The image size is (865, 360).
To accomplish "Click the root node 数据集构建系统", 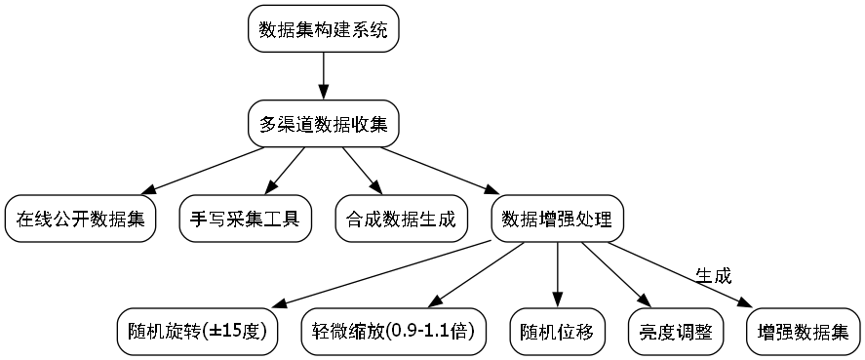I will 324,29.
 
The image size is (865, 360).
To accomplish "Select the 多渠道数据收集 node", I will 324,123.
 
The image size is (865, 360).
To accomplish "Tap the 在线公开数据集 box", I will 81,218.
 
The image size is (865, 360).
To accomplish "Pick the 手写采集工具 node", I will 246,218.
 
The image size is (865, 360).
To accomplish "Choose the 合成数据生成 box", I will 401,218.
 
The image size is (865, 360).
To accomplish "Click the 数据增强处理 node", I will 557,218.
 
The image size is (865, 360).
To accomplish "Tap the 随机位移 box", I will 558,331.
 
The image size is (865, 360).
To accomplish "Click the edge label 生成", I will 713,276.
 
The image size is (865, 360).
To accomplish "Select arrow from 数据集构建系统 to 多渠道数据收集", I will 324,76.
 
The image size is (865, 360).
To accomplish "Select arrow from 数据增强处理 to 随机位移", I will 558,273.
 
